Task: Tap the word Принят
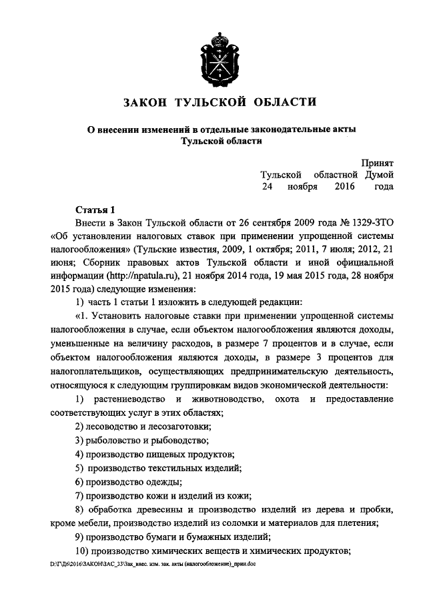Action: (x=377, y=162)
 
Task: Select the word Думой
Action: (x=378, y=174)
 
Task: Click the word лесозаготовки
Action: (x=177, y=426)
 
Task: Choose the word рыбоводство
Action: (x=177, y=440)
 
